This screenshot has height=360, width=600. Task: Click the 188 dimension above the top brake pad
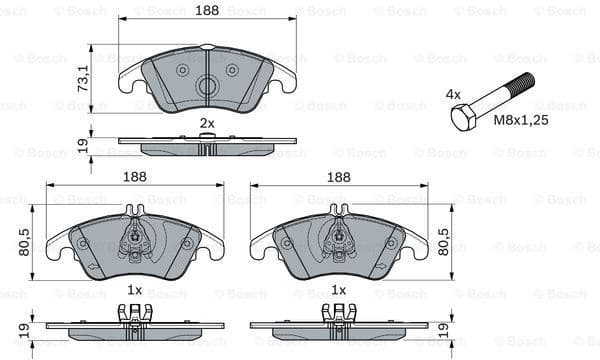click(207, 11)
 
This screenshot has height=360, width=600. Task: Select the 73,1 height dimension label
click(84, 77)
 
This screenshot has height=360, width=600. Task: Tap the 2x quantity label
click(207, 123)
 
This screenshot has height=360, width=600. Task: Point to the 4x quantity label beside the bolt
click(453, 95)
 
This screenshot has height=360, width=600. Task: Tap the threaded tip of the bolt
click(526, 82)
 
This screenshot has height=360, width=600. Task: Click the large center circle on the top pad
click(207, 87)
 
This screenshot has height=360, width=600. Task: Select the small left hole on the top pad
click(182, 70)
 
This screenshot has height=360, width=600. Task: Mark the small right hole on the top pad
click(232, 70)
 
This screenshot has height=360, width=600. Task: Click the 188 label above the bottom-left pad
click(134, 176)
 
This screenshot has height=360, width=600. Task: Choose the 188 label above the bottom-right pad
click(339, 176)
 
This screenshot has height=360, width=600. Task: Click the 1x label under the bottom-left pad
click(134, 290)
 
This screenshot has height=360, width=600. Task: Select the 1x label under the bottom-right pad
click(339, 290)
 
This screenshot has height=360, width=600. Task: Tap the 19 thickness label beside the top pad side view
click(84, 146)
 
